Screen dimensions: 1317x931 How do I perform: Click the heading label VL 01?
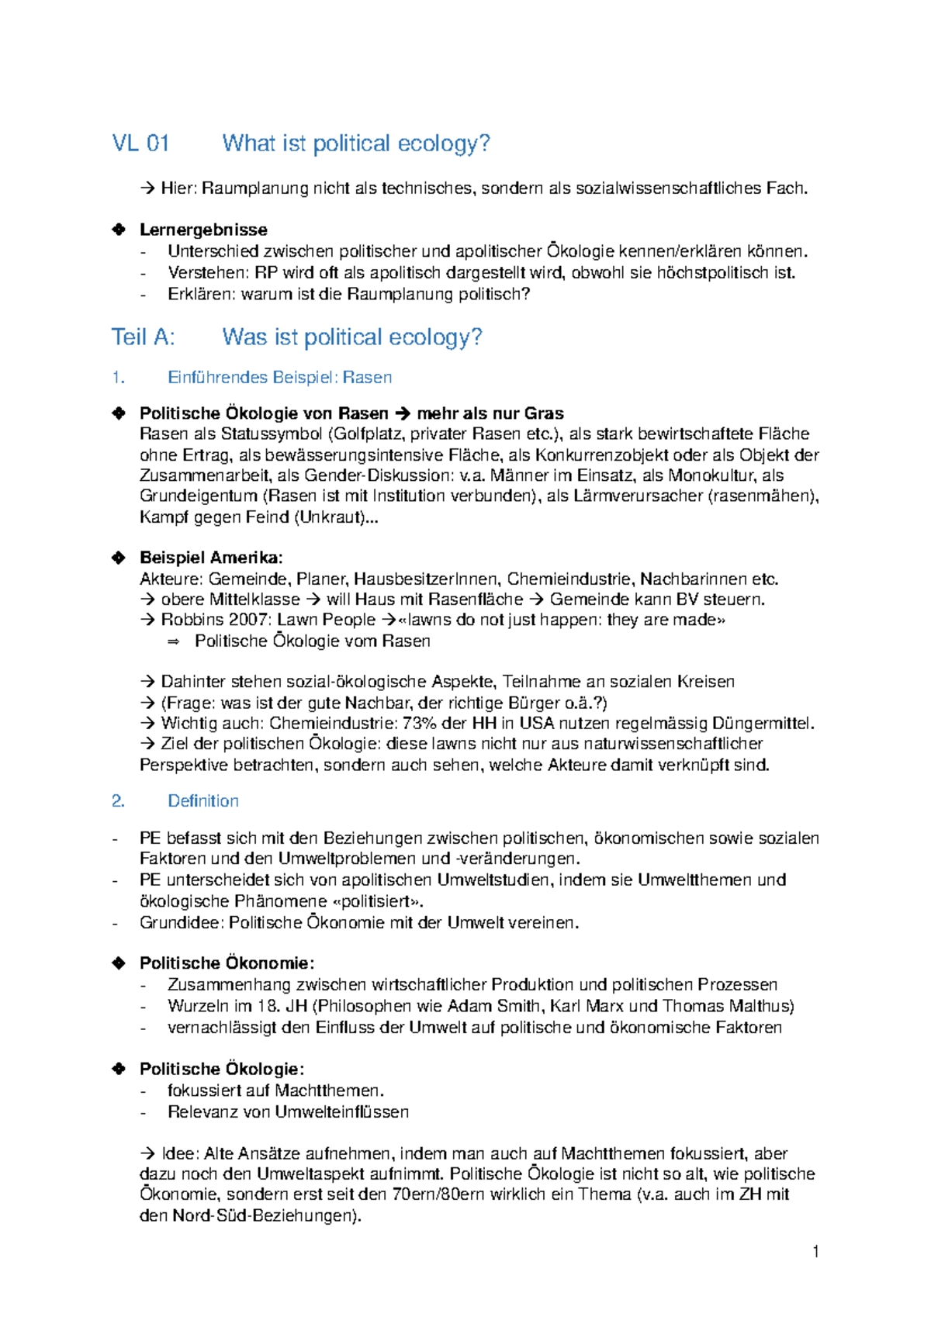[140, 143]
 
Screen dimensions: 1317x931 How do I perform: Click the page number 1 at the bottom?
[815, 1251]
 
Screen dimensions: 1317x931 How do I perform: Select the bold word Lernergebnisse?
[203, 230]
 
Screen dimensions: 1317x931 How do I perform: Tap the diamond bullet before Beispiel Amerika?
[119, 558]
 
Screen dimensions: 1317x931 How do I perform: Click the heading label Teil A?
[144, 337]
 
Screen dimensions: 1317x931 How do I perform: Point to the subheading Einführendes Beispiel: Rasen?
[279, 378]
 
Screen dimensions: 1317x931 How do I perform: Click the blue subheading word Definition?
[203, 801]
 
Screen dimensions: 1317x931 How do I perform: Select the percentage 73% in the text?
[420, 724]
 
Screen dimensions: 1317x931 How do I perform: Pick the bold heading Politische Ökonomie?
[227, 963]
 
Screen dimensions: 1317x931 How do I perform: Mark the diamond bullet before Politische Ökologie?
[119, 1069]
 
